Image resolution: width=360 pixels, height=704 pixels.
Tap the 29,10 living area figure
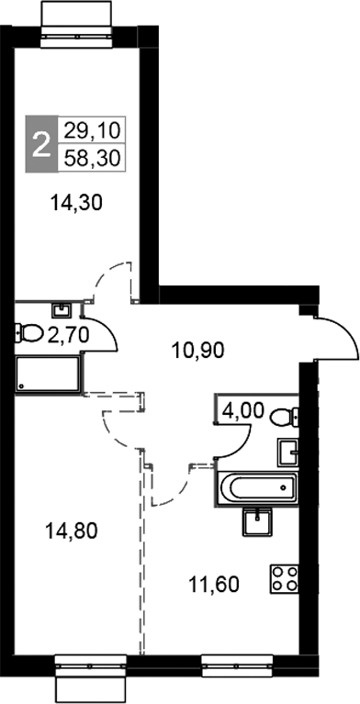point(90,130)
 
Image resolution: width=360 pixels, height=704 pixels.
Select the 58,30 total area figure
point(90,158)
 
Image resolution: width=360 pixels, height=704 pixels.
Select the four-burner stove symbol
point(284,578)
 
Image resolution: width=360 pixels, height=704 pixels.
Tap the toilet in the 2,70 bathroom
point(27,333)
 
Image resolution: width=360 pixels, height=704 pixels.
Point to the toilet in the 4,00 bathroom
point(286,415)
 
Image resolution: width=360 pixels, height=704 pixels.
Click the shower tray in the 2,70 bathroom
point(46,374)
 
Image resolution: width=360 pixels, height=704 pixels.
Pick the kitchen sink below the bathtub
point(256,521)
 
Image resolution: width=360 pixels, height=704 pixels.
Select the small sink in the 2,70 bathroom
point(62,310)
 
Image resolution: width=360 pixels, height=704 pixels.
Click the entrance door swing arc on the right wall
point(337,340)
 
